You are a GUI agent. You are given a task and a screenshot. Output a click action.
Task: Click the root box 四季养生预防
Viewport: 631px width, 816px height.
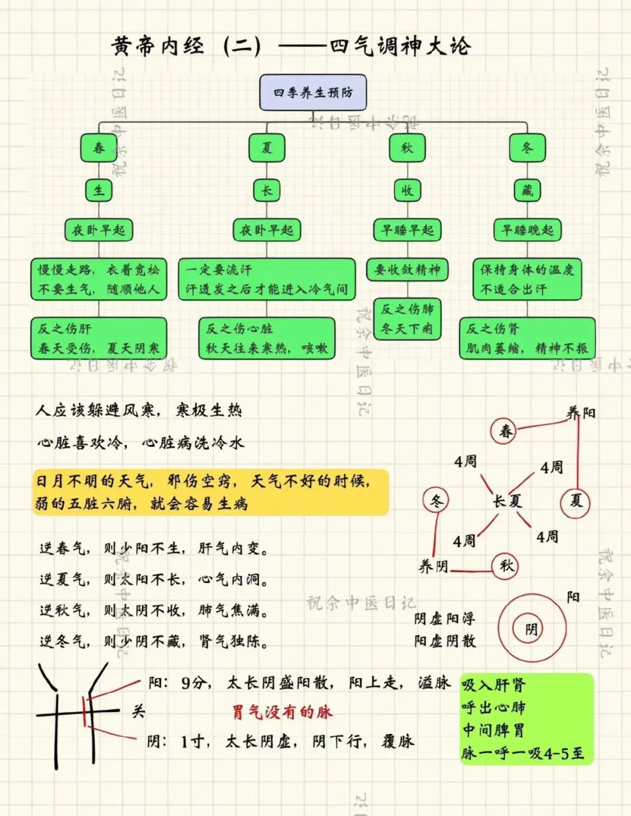click(x=313, y=92)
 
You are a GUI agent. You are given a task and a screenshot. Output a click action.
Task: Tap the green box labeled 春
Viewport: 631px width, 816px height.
click(x=99, y=148)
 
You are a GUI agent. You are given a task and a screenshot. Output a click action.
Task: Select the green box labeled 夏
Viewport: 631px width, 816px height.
click(x=266, y=148)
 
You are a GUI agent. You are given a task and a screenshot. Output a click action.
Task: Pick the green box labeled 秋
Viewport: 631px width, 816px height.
click(x=407, y=148)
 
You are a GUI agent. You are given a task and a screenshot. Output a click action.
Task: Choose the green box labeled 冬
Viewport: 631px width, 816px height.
click(x=527, y=148)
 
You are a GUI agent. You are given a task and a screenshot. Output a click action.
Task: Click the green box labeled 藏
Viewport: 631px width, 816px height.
click(x=527, y=190)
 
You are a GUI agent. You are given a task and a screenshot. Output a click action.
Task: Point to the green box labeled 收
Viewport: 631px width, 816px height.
click(x=407, y=190)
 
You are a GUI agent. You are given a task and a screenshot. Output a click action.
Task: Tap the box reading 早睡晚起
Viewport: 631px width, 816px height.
click(x=527, y=230)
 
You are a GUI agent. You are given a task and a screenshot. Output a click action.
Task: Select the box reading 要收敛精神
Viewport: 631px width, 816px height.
click(x=407, y=269)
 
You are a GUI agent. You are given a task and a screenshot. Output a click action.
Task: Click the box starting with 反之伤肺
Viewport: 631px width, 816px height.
click(x=407, y=319)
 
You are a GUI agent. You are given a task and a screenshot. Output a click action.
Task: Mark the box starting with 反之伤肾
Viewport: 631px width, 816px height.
click(x=527, y=338)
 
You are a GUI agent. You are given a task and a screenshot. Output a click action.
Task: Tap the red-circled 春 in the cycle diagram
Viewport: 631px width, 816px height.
click(x=505, y=431)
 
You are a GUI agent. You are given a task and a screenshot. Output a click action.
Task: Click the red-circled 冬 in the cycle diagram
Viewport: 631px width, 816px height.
click(x=436, y=501)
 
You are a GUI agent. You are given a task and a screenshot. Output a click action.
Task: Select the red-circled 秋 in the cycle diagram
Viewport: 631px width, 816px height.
click(x=506, y=565)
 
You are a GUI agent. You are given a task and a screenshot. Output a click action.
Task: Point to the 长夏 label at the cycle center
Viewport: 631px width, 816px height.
click(x=507, y=501)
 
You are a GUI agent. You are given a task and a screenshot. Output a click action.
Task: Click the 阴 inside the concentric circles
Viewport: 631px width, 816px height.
click(x=531, y=629)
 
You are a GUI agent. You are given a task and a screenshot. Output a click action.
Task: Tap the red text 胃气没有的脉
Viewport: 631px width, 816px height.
click(x=282, y=712)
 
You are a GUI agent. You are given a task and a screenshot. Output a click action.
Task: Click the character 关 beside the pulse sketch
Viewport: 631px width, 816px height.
click(x=138, y=711)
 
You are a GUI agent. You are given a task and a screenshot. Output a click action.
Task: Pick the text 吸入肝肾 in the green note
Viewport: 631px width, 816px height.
click(x=494, y=685)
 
